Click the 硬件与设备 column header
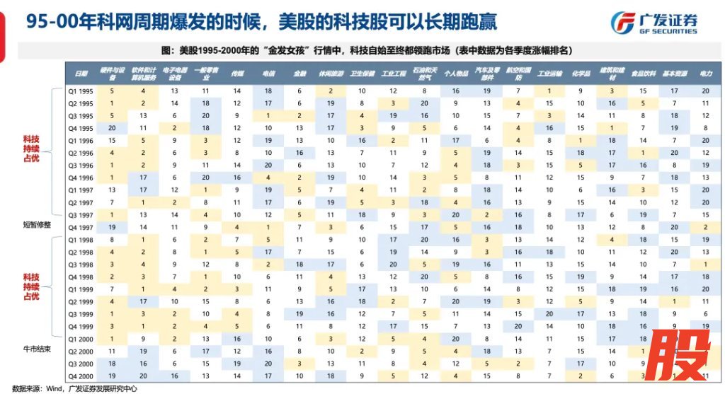point(110,73)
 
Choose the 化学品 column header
point(580,73)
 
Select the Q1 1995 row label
point(81,91)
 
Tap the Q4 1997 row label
point(81,226)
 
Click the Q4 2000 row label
point(81,375)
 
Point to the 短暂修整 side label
point(37,225)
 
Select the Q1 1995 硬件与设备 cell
point(110,91)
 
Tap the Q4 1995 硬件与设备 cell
point(110,127)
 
